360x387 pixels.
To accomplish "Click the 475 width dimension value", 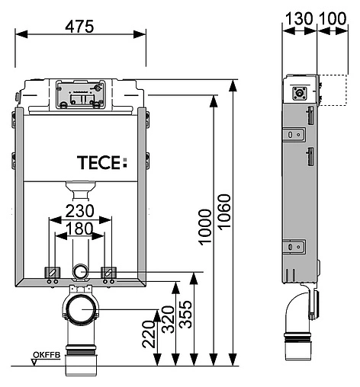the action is coord(79,27).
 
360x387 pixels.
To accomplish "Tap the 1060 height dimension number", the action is coord(224,213).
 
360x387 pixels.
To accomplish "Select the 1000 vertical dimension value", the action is coord(205,227).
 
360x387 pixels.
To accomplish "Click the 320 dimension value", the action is coord(169,320).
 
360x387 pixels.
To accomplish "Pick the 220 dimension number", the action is coord(149,334).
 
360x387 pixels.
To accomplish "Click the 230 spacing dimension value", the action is coord(80,211).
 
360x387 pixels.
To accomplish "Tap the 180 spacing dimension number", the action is coord(79,229).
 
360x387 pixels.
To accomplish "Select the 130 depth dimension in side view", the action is coord(299,18).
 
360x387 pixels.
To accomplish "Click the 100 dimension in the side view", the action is coord(333,18).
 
